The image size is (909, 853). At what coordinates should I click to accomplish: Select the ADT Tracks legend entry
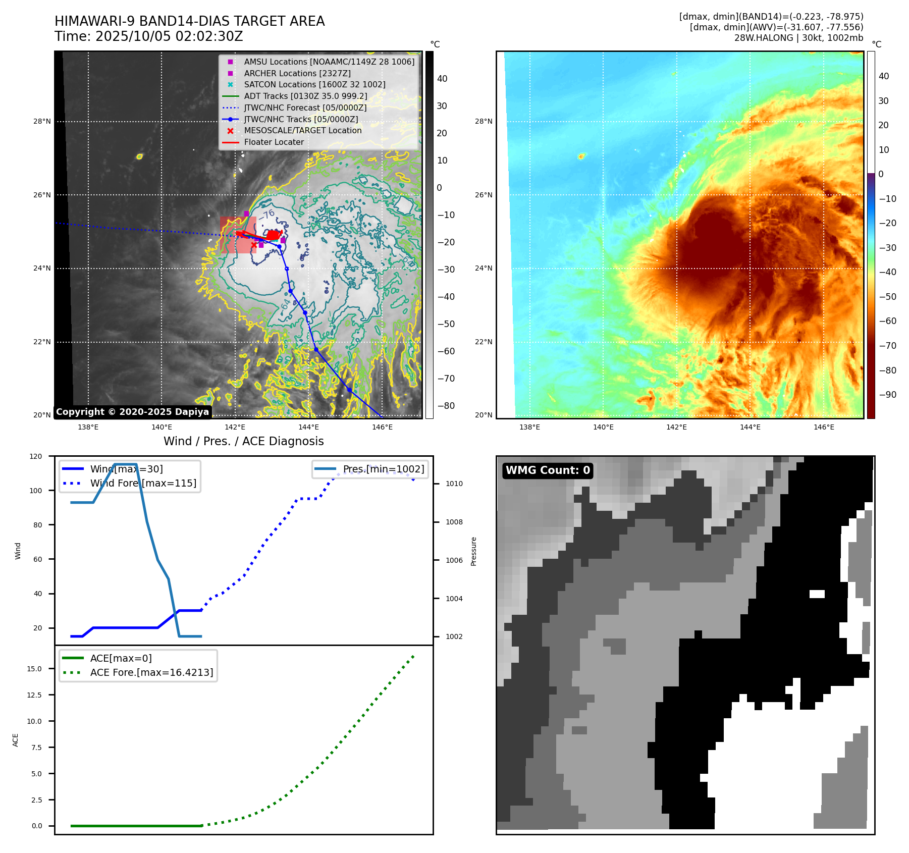coord(305,96)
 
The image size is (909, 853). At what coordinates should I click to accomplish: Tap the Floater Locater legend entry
coord(274,142)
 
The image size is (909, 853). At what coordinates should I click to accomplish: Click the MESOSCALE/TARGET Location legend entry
coord(303,131)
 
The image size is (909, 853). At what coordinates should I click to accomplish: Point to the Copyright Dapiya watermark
coord(132,412)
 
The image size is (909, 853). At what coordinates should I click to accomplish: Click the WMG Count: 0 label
coord(548,470)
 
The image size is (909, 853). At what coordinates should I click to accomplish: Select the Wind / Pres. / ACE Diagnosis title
coord(243,441)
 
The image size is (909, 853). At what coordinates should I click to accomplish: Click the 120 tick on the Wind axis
coord(36,456)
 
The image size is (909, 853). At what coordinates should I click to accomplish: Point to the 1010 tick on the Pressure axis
coord(454,484)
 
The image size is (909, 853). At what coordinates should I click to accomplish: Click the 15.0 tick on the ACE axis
coord(34,669)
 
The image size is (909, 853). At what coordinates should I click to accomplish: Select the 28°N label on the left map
coord(42,121)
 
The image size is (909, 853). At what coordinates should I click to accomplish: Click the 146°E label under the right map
coord(824,427)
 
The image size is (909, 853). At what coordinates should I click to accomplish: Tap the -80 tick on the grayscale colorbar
coord(446,406)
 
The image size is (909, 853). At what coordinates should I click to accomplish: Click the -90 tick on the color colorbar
coord(887,395)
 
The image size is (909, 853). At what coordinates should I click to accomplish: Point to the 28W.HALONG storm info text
coord(798,38)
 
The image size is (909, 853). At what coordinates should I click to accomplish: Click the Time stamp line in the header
coord(149,36)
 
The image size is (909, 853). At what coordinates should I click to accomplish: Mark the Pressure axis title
coord(473,551)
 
